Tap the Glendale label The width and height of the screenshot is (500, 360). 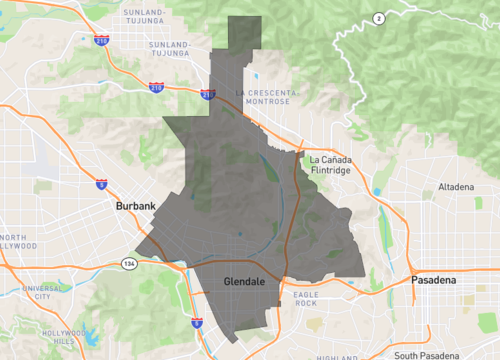tap(243, 283)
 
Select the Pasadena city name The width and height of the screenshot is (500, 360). tap(433, 281)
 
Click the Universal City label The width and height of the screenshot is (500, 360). tap(41, 292)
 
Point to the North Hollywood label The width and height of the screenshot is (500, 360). tap(14, 243)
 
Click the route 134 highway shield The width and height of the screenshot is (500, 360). tap(131, 263)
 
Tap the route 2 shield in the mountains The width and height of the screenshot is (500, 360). tap(378, 19)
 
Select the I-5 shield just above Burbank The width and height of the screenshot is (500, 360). tap(102, 183)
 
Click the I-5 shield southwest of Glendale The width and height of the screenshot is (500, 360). tap(196, 323)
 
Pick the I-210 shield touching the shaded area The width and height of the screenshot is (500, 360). tap(207, 96)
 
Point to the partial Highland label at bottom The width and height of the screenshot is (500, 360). tap(337, 356)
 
